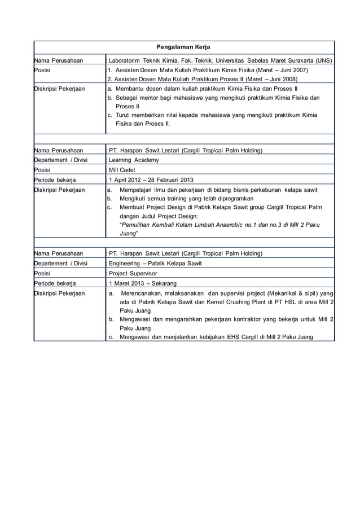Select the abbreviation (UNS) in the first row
pyautogui.click(x=323, y=60)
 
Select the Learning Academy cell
pyautogui.click(x=134, y=160)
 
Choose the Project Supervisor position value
pyautogui.click(x=133, y=273)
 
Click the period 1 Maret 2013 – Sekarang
pyautogui.click(x=143, y=283)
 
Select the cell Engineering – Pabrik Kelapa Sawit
pyautogui.click(x=155, y=264)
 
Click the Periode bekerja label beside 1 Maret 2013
pyautogui.click(x=55, y=283)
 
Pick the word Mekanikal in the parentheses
pyautogui.click(x=270, y=293)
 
